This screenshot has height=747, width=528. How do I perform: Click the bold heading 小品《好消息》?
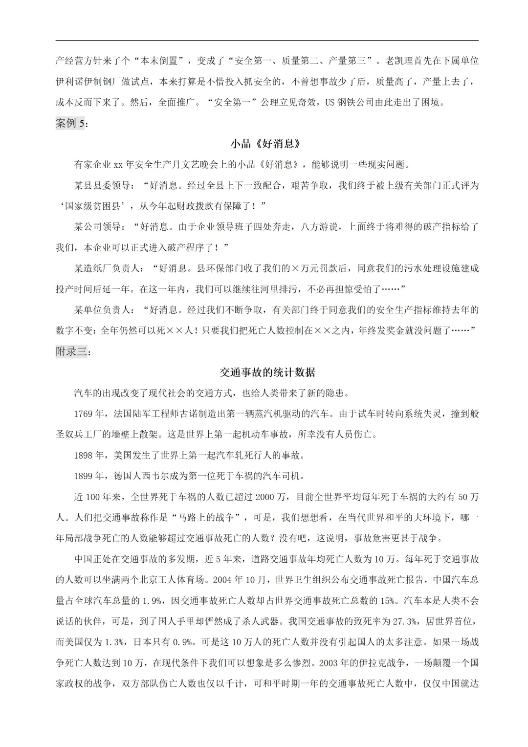[265, 144]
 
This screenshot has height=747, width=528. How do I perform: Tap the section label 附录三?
[71, 352]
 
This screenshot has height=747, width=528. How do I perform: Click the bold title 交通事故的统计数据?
[267, 373]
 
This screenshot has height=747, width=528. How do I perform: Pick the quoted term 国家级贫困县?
[93, 206]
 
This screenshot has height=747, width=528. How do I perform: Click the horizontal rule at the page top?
[267, 41]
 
